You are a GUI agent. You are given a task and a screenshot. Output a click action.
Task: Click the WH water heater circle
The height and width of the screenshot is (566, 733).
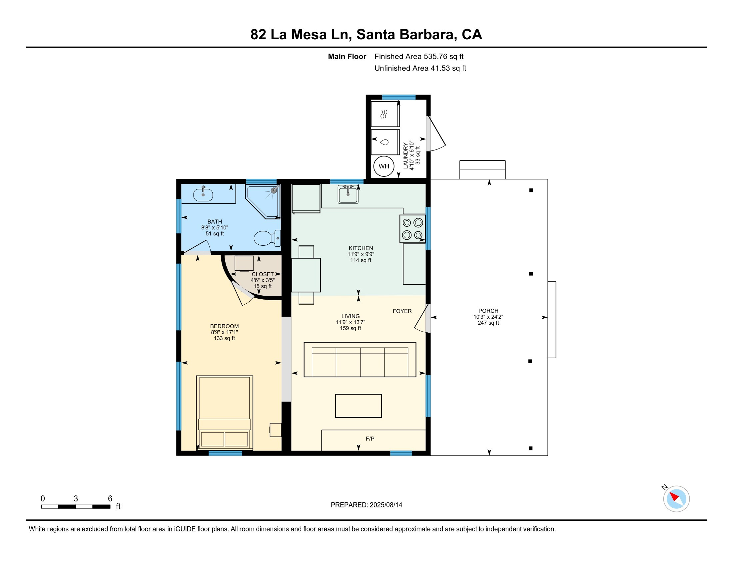[383, 166]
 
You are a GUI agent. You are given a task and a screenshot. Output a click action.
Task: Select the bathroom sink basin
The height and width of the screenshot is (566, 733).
[203, 194]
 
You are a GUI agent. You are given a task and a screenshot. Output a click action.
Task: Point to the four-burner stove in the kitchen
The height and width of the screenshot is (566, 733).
[412, 229]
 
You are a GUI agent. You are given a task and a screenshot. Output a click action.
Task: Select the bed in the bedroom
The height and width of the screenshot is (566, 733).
[224, 413]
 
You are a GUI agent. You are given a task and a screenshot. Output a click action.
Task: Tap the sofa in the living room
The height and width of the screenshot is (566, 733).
[360, 360]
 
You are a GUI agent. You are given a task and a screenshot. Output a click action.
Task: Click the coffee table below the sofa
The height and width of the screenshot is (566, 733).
[359, 406]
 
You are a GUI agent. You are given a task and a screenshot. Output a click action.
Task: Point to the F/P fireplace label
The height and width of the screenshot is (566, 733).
[370, 438]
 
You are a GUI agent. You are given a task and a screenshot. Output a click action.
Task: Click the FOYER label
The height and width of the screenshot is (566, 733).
[402, 311]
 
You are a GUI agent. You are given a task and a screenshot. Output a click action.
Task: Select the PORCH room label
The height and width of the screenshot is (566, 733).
[488, 311]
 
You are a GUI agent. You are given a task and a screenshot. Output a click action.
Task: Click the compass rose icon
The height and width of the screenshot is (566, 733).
[676, 499]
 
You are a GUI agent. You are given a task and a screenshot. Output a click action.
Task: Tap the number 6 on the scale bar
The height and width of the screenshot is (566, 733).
[110, 499]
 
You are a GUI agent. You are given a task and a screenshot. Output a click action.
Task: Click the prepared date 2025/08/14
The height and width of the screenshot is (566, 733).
[386, 505]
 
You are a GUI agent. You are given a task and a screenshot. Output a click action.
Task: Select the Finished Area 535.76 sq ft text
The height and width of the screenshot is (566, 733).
[419, 57]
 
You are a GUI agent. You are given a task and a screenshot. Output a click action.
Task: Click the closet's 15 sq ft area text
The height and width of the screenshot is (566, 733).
[263, 286]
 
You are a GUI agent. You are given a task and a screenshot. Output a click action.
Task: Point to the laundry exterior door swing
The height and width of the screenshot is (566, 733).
[437, 134]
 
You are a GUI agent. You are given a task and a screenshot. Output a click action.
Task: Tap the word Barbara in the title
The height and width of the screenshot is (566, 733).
[423, 35]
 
